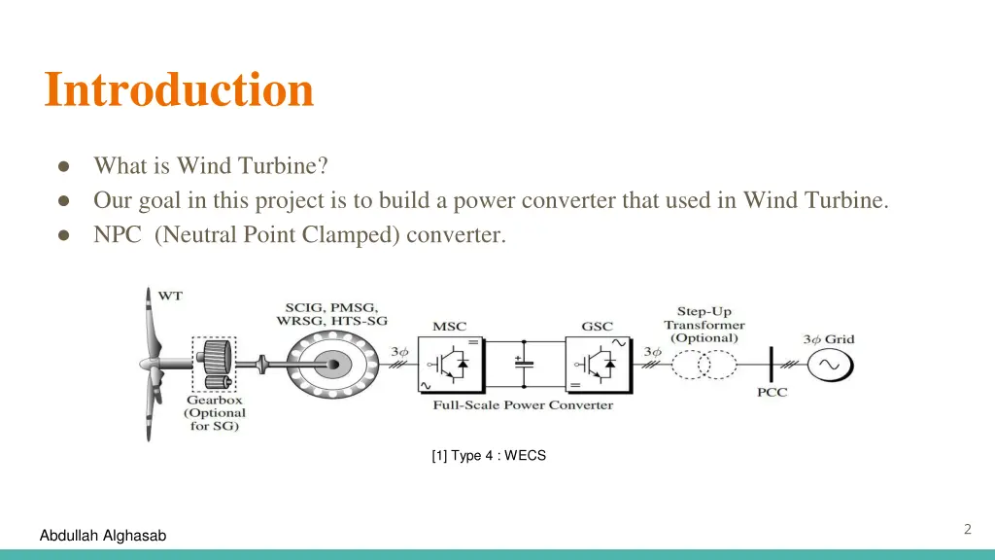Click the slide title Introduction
click(179, 89)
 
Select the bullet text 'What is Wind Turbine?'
click(210, 166)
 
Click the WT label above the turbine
click(170, 296)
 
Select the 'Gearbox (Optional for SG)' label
click(215, 413)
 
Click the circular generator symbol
click(332, 365)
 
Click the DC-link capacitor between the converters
click(524, 365)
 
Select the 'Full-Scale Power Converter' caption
click(523, 404)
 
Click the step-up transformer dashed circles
click(703, 365)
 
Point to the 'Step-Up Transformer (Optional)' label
click(704, 325)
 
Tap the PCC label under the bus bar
click(772, 393)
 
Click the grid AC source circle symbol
click(833, 365)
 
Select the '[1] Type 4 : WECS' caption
click(489, 455)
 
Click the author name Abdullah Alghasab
click(103, 536)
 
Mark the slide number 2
click(967, 530)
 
